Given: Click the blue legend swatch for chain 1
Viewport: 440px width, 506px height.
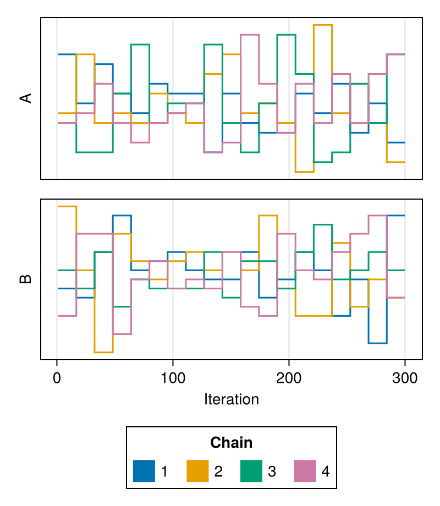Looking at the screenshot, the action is [144, 471].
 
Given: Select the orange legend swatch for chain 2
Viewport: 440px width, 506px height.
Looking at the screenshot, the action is [197, 471].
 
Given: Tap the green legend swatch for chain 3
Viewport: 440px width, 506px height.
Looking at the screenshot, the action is [251, 471].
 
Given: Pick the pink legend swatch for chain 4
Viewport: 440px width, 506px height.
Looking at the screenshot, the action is [305, 471].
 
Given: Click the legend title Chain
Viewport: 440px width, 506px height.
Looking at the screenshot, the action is [231, 442].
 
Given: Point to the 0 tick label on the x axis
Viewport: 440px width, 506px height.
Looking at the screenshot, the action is [57, 378].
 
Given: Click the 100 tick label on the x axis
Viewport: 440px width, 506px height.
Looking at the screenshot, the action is [173, 378].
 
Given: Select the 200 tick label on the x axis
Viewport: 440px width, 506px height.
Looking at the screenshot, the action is [289, 378].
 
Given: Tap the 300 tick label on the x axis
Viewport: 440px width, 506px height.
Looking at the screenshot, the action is [405, 378].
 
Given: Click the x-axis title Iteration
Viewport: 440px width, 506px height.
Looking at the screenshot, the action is [232, 399].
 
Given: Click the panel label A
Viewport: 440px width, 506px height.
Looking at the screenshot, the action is [26, 98].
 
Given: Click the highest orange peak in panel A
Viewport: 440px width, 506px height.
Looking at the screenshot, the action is [323, 25].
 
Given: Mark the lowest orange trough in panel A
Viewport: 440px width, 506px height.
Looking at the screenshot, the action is [304, 172].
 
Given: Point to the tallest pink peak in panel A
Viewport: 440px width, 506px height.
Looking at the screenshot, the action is [250, 35].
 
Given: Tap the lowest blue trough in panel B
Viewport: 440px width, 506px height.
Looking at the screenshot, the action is [378, 343].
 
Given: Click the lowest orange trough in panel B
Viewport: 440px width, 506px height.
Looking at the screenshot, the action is [103, 352].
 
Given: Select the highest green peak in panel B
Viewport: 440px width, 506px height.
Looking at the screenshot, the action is [323, 224].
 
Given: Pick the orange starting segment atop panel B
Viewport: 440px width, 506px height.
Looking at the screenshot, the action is [67, 206].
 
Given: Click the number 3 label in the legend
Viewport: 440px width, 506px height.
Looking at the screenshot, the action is [272, 471].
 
